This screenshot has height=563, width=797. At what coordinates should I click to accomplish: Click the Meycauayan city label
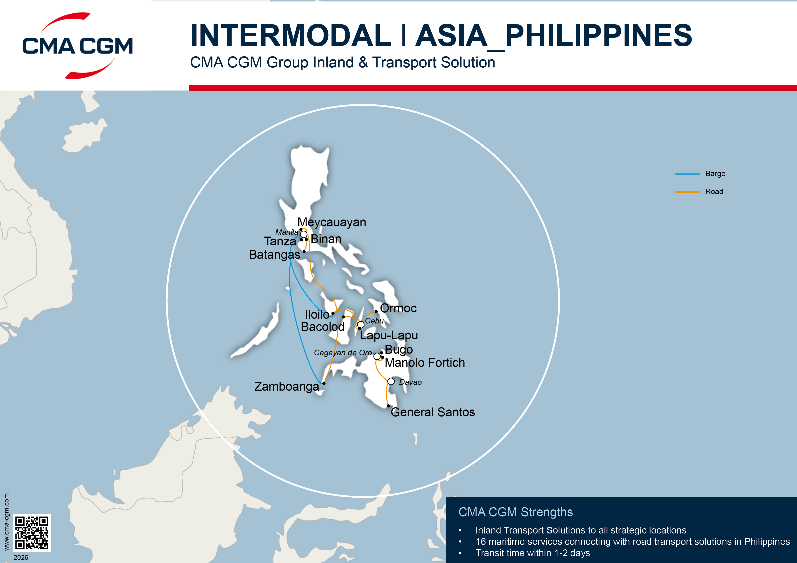(331, 222)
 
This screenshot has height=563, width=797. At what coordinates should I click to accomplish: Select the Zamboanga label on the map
(286, 386)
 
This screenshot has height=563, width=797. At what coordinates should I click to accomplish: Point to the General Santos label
(433, 412)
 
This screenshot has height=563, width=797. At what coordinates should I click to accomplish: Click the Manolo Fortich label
(425, 363)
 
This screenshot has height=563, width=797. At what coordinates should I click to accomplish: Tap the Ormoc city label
(398, 308)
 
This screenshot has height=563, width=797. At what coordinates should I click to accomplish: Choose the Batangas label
(274, 255)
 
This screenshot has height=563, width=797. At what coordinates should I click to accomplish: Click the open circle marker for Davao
(391, 382)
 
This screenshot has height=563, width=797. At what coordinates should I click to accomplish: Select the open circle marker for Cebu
(361, 325)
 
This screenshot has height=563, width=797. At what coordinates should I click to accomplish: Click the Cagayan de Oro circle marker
(377, 356)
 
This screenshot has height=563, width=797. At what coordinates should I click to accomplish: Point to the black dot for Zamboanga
(324, 383)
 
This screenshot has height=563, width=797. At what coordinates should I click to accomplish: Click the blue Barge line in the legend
(687, 174)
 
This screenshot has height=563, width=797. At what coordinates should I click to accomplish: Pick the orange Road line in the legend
(687, 192)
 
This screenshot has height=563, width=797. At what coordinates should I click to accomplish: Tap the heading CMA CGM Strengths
(516, 512)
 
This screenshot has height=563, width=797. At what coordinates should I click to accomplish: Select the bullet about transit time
(533, 553)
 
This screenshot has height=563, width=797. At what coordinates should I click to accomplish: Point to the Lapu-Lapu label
(389, 335)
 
